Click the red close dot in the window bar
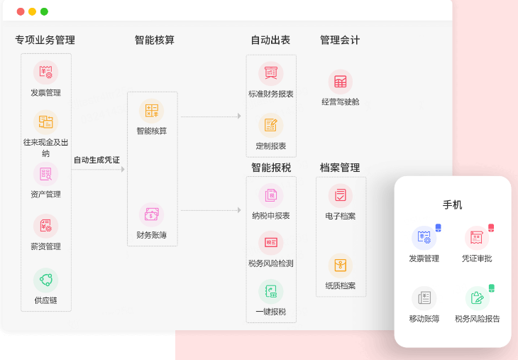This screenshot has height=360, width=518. (21, 11)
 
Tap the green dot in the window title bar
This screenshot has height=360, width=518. (44, 11)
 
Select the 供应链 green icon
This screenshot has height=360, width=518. (46, 280)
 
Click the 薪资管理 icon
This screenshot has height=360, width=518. (46, 226)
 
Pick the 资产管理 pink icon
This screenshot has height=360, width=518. (46, 174)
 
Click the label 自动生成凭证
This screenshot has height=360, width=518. (97, 160)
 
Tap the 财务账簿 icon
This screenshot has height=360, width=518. (152, 215)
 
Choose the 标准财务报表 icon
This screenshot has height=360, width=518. (271, 73)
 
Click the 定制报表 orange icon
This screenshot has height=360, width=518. (271, 125)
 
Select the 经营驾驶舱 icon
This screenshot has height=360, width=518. (341, 82)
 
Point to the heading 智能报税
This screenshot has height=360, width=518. (271, 168)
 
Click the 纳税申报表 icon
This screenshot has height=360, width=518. (271, 196)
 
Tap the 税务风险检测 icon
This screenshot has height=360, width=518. (271, 243)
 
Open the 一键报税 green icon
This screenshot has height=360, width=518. (271, 292)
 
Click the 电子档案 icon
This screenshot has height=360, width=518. (341, 196)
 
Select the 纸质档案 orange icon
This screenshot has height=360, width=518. (341, 266)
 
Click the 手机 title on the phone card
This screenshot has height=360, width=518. (452, 205)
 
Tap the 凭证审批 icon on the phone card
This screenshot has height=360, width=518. (477, 238)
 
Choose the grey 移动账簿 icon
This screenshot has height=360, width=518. (424, 298)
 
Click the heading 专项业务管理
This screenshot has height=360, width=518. (45, 40)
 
